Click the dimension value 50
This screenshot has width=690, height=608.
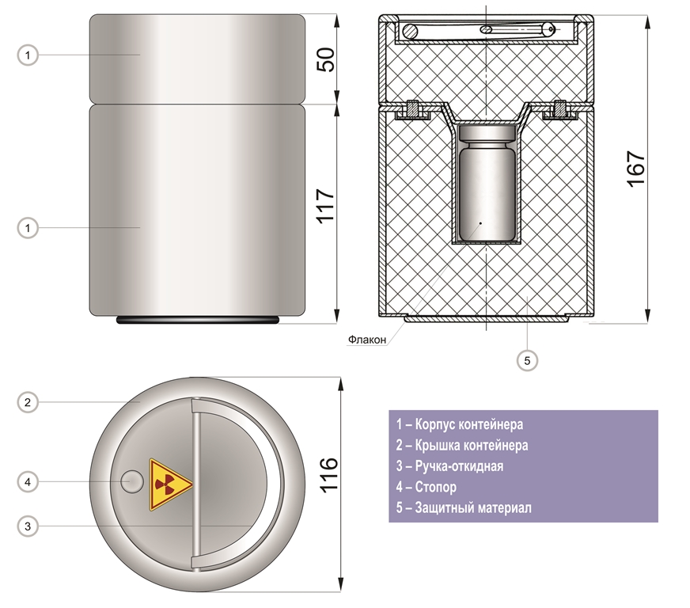tap(326, 59)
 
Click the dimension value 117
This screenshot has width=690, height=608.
tap(326, 206)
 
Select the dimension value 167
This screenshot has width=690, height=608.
tap(636, 169)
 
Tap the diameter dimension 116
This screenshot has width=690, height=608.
tap(328, 474)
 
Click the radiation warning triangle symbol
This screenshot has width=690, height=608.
tap(170, 484)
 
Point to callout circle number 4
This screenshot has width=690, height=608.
tap(28, 481)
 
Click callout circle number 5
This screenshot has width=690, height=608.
tap(527, 360)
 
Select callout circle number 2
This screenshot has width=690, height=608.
tap(28, 402)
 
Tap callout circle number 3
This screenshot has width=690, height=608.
tap(28, 526)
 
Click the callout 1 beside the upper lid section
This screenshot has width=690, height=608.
tap(28, 55)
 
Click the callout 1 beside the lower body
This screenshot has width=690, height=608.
tap(28, 228)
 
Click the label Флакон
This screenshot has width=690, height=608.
tap(367, 340)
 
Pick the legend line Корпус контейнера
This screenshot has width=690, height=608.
tap(460, 424)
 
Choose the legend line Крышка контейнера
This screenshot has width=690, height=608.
tap(461, 445)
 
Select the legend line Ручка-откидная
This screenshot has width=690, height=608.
tap(449, 465)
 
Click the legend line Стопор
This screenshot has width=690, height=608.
tap(426, 487)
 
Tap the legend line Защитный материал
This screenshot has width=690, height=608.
tap(464, 507)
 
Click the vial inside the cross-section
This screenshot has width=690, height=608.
tap(487, 184)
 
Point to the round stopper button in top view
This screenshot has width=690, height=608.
tap(132, 481)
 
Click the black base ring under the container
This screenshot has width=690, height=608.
tap(198, 320)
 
